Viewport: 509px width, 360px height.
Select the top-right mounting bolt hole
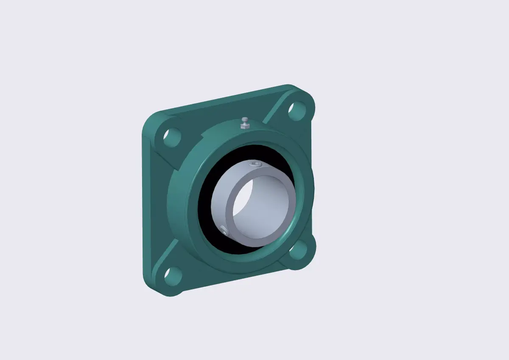(297, 109)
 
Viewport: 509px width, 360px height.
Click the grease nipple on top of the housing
(245, 123)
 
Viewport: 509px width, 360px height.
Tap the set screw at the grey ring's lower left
(224, 231)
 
